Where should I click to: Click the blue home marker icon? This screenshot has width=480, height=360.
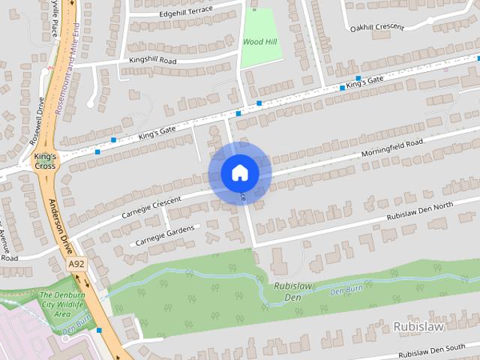239,173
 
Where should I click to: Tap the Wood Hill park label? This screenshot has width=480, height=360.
262,43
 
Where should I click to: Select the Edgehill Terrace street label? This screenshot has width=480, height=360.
186,12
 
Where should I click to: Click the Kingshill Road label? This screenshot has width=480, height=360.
152,59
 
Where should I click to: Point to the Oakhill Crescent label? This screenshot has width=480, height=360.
376,28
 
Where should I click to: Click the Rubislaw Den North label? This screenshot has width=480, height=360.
420,211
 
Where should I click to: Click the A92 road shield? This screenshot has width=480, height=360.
75,265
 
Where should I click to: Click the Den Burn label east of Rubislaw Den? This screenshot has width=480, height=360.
346,289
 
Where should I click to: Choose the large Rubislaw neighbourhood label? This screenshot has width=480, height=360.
418,327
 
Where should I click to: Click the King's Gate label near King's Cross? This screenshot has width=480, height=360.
157,133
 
